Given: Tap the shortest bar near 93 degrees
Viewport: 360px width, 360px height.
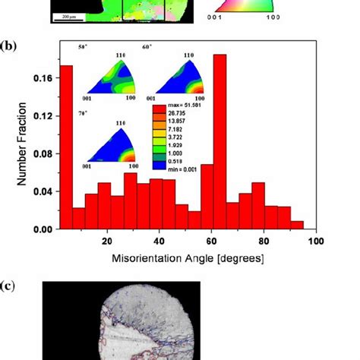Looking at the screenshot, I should click(x=297, y=225).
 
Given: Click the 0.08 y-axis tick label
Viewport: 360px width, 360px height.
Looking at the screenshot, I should click(x=43, y=153).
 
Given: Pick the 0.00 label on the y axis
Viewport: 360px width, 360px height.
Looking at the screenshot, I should click(x=43, y=229).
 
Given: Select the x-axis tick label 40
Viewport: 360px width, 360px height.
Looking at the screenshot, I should click(x=159, y=241).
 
